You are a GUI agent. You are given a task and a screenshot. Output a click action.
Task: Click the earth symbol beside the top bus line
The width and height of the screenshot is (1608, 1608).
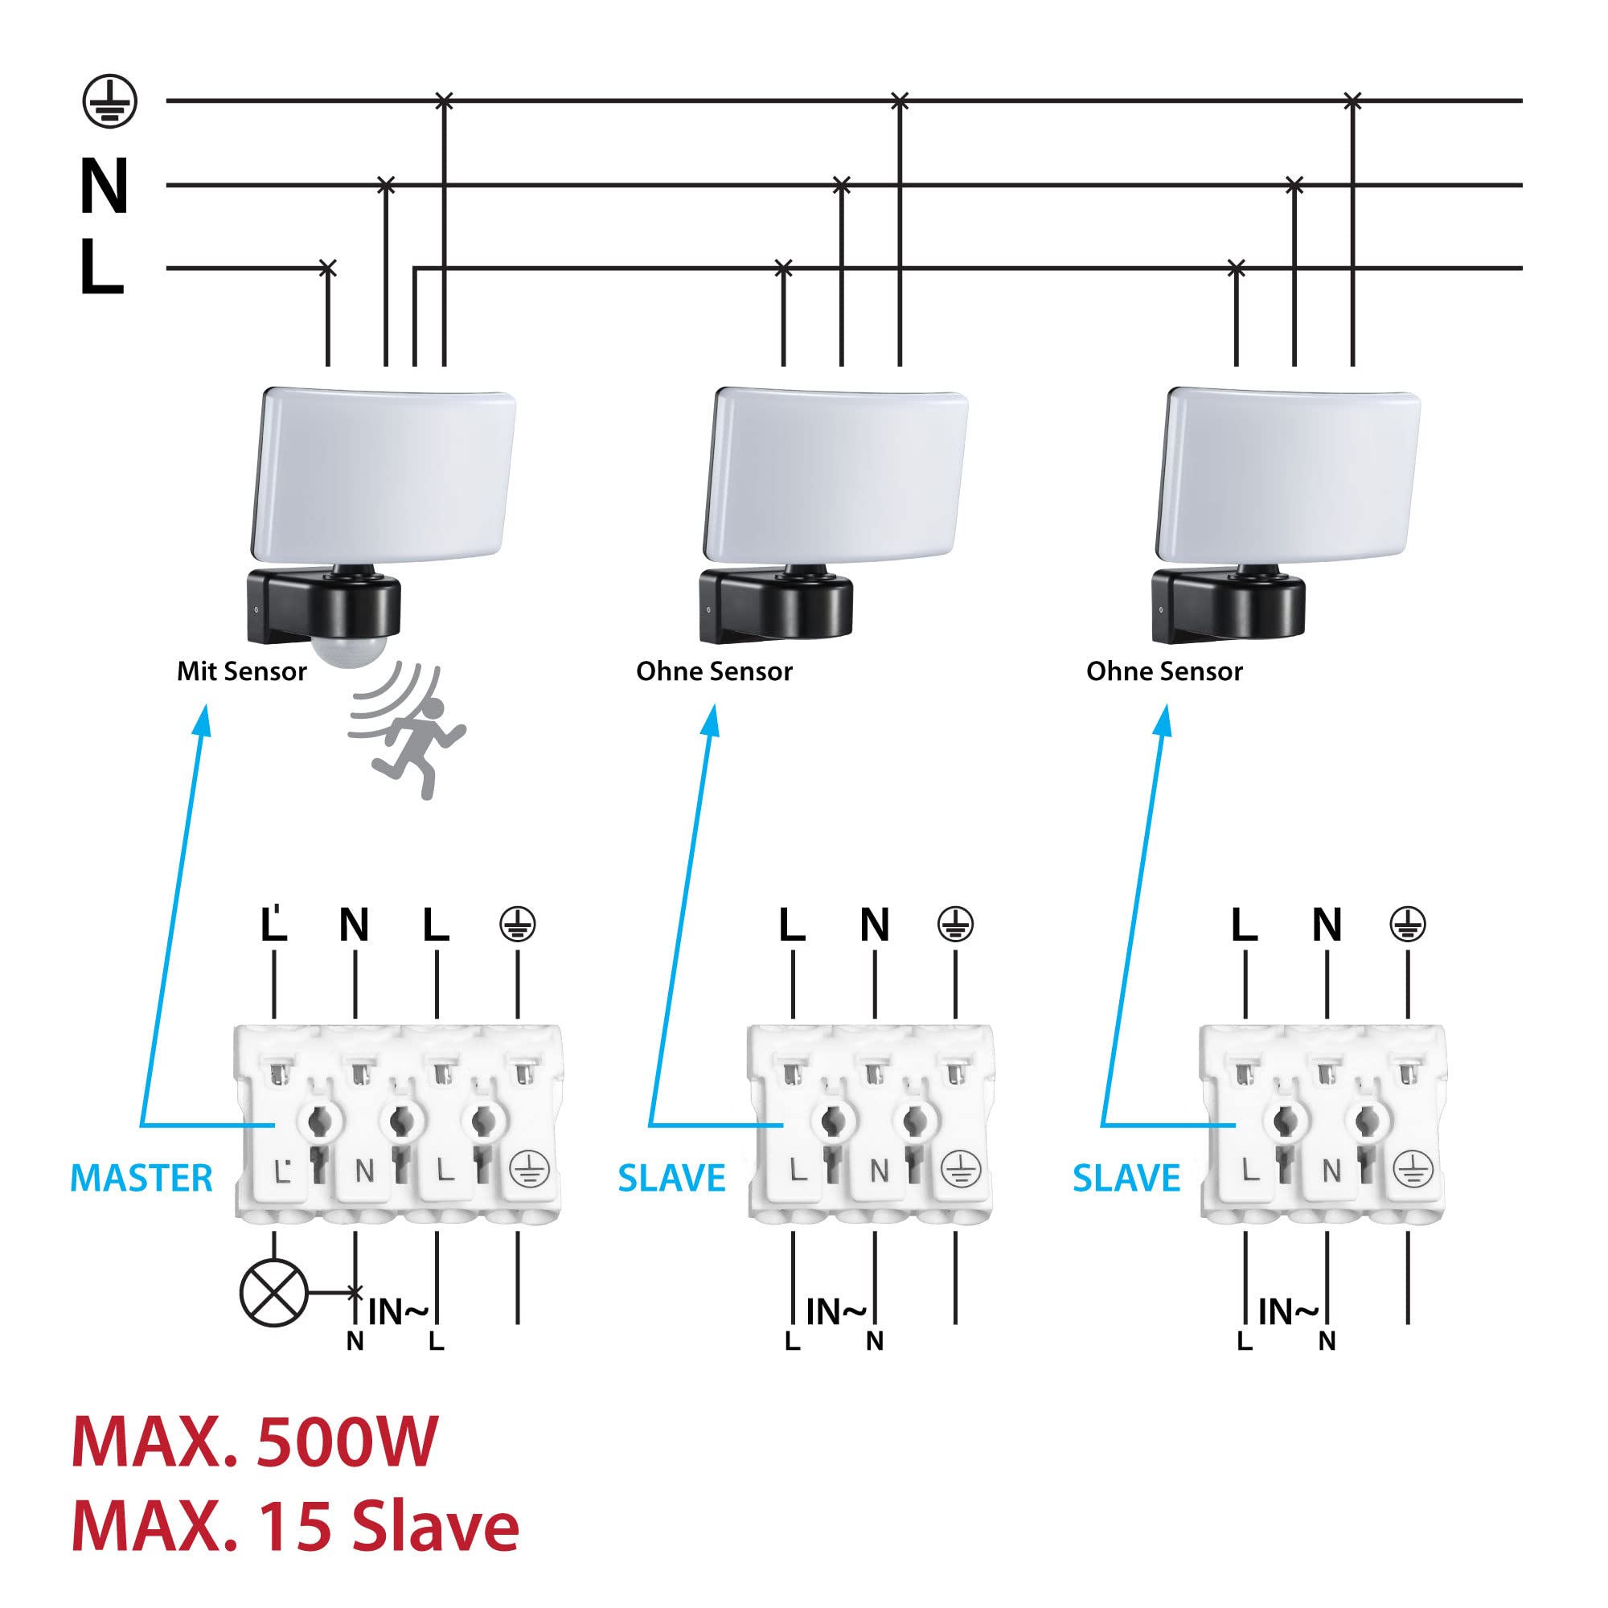110,101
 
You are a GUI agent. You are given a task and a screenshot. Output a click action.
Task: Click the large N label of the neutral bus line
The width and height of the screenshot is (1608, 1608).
104,186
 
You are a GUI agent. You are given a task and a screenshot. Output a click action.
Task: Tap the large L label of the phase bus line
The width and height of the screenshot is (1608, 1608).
100,267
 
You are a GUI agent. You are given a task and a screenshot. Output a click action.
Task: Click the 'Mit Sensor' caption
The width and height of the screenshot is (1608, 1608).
241,671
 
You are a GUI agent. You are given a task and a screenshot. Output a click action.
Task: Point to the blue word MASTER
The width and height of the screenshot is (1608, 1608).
142,1179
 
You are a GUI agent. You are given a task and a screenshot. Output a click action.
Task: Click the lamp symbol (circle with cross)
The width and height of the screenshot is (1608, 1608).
274,1293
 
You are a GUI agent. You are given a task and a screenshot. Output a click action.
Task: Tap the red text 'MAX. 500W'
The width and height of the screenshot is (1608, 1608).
254,1442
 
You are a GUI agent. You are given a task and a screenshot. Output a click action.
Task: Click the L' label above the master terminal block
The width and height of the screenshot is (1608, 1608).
274,924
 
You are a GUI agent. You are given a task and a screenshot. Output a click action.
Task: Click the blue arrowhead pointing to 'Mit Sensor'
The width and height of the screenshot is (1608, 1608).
203,720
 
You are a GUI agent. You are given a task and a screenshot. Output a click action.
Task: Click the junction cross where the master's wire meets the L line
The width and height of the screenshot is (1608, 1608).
328,268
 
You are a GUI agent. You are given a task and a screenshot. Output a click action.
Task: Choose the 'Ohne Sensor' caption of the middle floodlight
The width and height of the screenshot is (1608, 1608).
714,671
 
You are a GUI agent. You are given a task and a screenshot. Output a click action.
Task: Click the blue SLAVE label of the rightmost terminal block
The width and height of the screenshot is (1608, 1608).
1126,1179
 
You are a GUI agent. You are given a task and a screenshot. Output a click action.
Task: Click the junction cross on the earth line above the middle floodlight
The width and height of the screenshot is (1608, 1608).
900,101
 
